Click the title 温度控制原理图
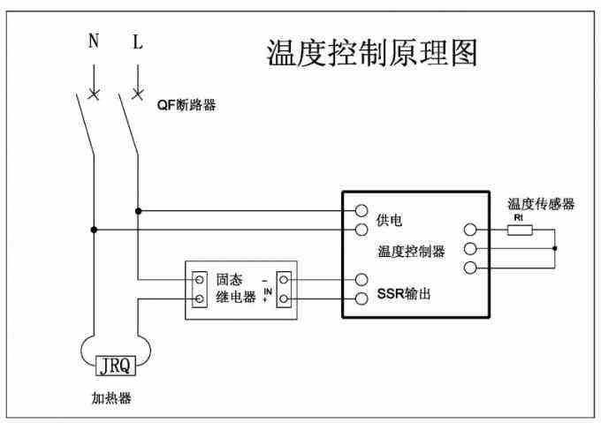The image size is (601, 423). pos(372,54)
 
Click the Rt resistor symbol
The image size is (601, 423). pos(519,230)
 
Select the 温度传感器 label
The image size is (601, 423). pos(541,204)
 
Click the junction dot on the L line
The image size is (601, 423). pos(138,211)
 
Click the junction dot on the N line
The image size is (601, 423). pos(93,230)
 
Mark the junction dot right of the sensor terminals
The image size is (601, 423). pos(555,249)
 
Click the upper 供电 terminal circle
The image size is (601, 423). pos(361,211)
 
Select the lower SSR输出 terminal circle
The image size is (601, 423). pos(361,298)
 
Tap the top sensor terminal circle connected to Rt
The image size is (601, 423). pos(469,230)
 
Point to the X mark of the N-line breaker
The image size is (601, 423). pos(93,93)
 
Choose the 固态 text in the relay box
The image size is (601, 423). pos(229,280)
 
